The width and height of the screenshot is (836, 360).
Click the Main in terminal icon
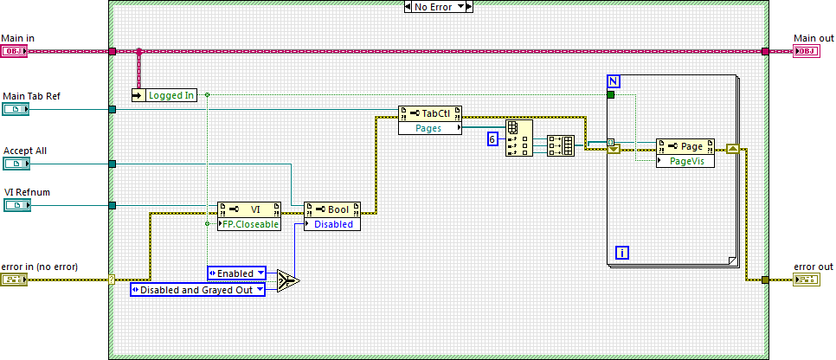tap(15, 51)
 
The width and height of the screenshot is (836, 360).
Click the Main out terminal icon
tap(806, 51)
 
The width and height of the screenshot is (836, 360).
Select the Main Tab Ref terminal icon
tap(15, 109)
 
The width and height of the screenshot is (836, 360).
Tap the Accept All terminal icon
tap(15, 164)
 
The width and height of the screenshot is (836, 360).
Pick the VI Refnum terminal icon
tap(15, 205)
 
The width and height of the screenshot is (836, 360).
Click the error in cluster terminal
tap(15, 280)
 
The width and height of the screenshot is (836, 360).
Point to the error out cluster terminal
tap(806, 280)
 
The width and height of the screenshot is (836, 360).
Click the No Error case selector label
tap(439, 6)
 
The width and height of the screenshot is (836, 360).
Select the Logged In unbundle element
tap(170, 95)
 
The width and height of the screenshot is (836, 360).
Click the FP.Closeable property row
tap(249, 223)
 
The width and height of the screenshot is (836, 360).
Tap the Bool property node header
tap(332, 209)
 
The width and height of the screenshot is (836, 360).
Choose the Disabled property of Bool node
tap(332, 223)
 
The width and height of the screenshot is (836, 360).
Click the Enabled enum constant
tap(236, 273)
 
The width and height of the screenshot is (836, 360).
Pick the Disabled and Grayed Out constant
tap(197, 290)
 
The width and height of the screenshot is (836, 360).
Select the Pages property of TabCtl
tap(429, 128)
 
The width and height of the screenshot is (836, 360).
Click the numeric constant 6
tap(492, 138)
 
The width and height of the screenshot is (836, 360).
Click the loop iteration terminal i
tap(621, 253)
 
